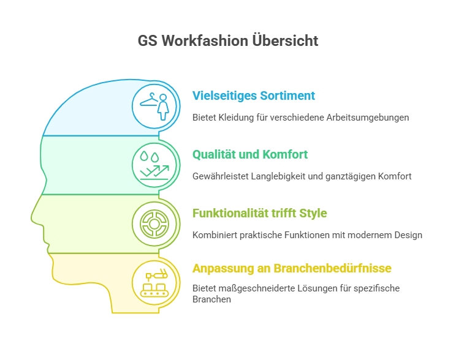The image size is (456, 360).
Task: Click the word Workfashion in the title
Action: [x=205, y=40]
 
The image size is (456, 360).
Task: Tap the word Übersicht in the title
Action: [x=285, y=40]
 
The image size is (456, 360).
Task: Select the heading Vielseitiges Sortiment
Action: [x=254, y=96]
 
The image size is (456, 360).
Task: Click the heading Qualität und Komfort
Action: [x=250, y=154]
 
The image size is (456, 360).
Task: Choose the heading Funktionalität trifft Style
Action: [x=260, y=213]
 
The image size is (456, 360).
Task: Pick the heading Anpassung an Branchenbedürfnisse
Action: [x=292, y=268]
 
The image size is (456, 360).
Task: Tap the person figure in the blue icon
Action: [x=163, y=107]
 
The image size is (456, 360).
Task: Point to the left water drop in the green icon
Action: [x=144, y=156]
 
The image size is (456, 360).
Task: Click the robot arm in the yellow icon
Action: [x=157, y=274]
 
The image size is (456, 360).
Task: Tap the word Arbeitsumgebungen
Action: [x=368, y=118]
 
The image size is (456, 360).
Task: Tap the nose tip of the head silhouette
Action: [x=31, y=217]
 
